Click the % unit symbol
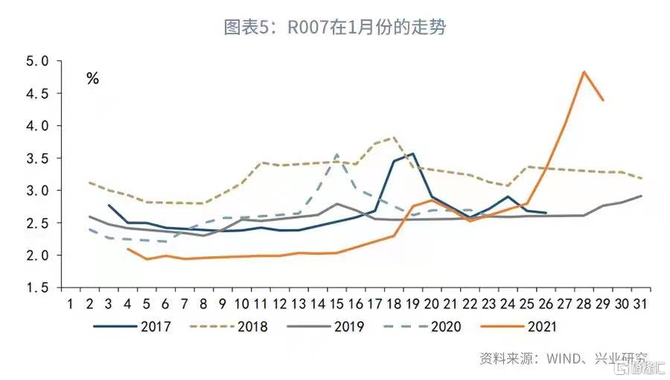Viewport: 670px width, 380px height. point(92,78)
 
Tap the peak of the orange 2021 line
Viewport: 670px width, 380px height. point(584,72)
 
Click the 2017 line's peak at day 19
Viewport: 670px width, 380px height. point(412,153)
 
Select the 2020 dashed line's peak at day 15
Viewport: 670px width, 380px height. point(336,154)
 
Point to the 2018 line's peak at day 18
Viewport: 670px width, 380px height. point(394,137)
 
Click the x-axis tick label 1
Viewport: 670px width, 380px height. point(70,304)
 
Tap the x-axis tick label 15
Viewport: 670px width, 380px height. point(336,304)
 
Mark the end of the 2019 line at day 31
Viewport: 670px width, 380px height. point(641,196)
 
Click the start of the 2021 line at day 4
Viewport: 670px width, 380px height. point(127,249)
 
